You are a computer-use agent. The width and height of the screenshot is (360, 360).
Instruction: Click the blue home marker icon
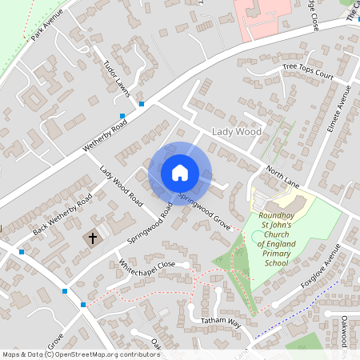[x=180, y=172]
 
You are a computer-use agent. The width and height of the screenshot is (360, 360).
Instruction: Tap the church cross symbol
[x=92, y=238]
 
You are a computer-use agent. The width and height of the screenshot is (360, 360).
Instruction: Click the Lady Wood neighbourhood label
[x=236, y=131]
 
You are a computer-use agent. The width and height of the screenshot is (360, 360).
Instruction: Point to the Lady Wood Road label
[x=121, y=185]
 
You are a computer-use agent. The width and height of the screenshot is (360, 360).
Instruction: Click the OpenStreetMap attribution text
[x=81, y=354]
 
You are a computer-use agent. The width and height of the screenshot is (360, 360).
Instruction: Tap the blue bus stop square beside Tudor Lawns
[x=141, y=104]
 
